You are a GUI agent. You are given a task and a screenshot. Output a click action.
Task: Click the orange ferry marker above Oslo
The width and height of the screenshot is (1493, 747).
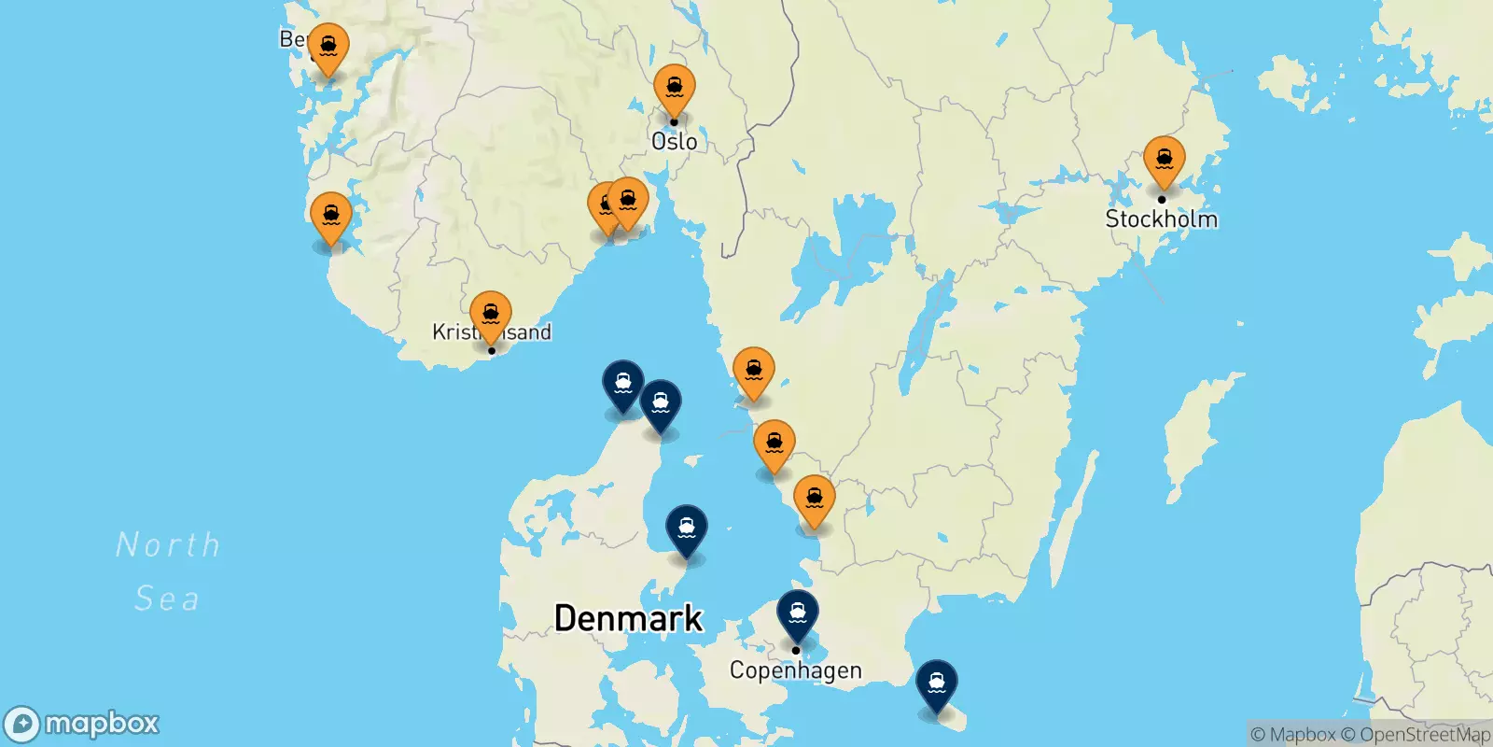674,89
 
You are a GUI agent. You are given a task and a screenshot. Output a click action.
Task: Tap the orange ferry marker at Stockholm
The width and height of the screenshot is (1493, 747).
1164,161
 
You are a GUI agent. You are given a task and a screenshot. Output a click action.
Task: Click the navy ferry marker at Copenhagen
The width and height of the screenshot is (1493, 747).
798,614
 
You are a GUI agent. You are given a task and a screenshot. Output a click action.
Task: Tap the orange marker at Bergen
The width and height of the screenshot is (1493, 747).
328,47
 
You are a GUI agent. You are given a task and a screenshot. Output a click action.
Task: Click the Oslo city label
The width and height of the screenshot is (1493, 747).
674,142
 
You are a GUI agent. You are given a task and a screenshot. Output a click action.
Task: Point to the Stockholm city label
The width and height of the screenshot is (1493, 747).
1161,219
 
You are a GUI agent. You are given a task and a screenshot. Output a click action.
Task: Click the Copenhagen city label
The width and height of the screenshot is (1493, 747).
795,670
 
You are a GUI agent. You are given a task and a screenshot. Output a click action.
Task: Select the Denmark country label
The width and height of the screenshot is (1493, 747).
628,618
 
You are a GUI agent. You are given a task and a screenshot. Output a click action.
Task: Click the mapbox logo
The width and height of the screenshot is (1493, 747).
82,724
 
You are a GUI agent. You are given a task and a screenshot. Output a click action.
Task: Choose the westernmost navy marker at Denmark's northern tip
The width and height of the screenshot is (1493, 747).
622,384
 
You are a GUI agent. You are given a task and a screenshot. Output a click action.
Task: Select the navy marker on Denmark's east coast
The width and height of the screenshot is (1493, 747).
686,529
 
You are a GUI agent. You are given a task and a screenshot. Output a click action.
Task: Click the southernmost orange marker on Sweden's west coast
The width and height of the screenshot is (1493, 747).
814,500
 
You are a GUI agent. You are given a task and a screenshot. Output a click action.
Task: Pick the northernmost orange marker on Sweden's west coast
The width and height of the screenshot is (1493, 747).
753,372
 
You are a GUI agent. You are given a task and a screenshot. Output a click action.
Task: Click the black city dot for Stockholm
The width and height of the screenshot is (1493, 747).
1162,199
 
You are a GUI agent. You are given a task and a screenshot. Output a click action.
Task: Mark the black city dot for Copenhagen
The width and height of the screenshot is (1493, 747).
796,650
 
